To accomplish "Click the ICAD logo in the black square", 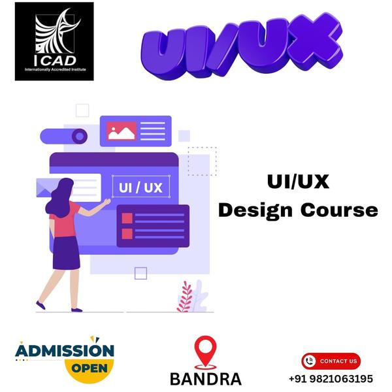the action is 54,41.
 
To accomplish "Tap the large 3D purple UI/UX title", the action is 241,44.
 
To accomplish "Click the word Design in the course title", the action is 255,211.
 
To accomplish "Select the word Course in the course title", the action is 339,210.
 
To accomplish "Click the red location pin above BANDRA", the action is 206,351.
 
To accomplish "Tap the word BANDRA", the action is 206,379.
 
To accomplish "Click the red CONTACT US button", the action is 331,361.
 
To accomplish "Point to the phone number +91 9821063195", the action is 331,379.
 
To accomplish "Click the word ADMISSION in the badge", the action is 65,350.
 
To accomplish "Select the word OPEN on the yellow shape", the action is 90,368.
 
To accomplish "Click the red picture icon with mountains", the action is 122,131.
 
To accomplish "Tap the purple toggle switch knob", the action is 80,137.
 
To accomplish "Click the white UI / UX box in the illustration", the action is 141,186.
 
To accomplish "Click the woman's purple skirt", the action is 66,253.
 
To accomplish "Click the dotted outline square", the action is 203,161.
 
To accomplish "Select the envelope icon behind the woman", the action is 45,188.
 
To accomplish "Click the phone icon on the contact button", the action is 310,361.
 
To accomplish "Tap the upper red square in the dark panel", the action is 127,218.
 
